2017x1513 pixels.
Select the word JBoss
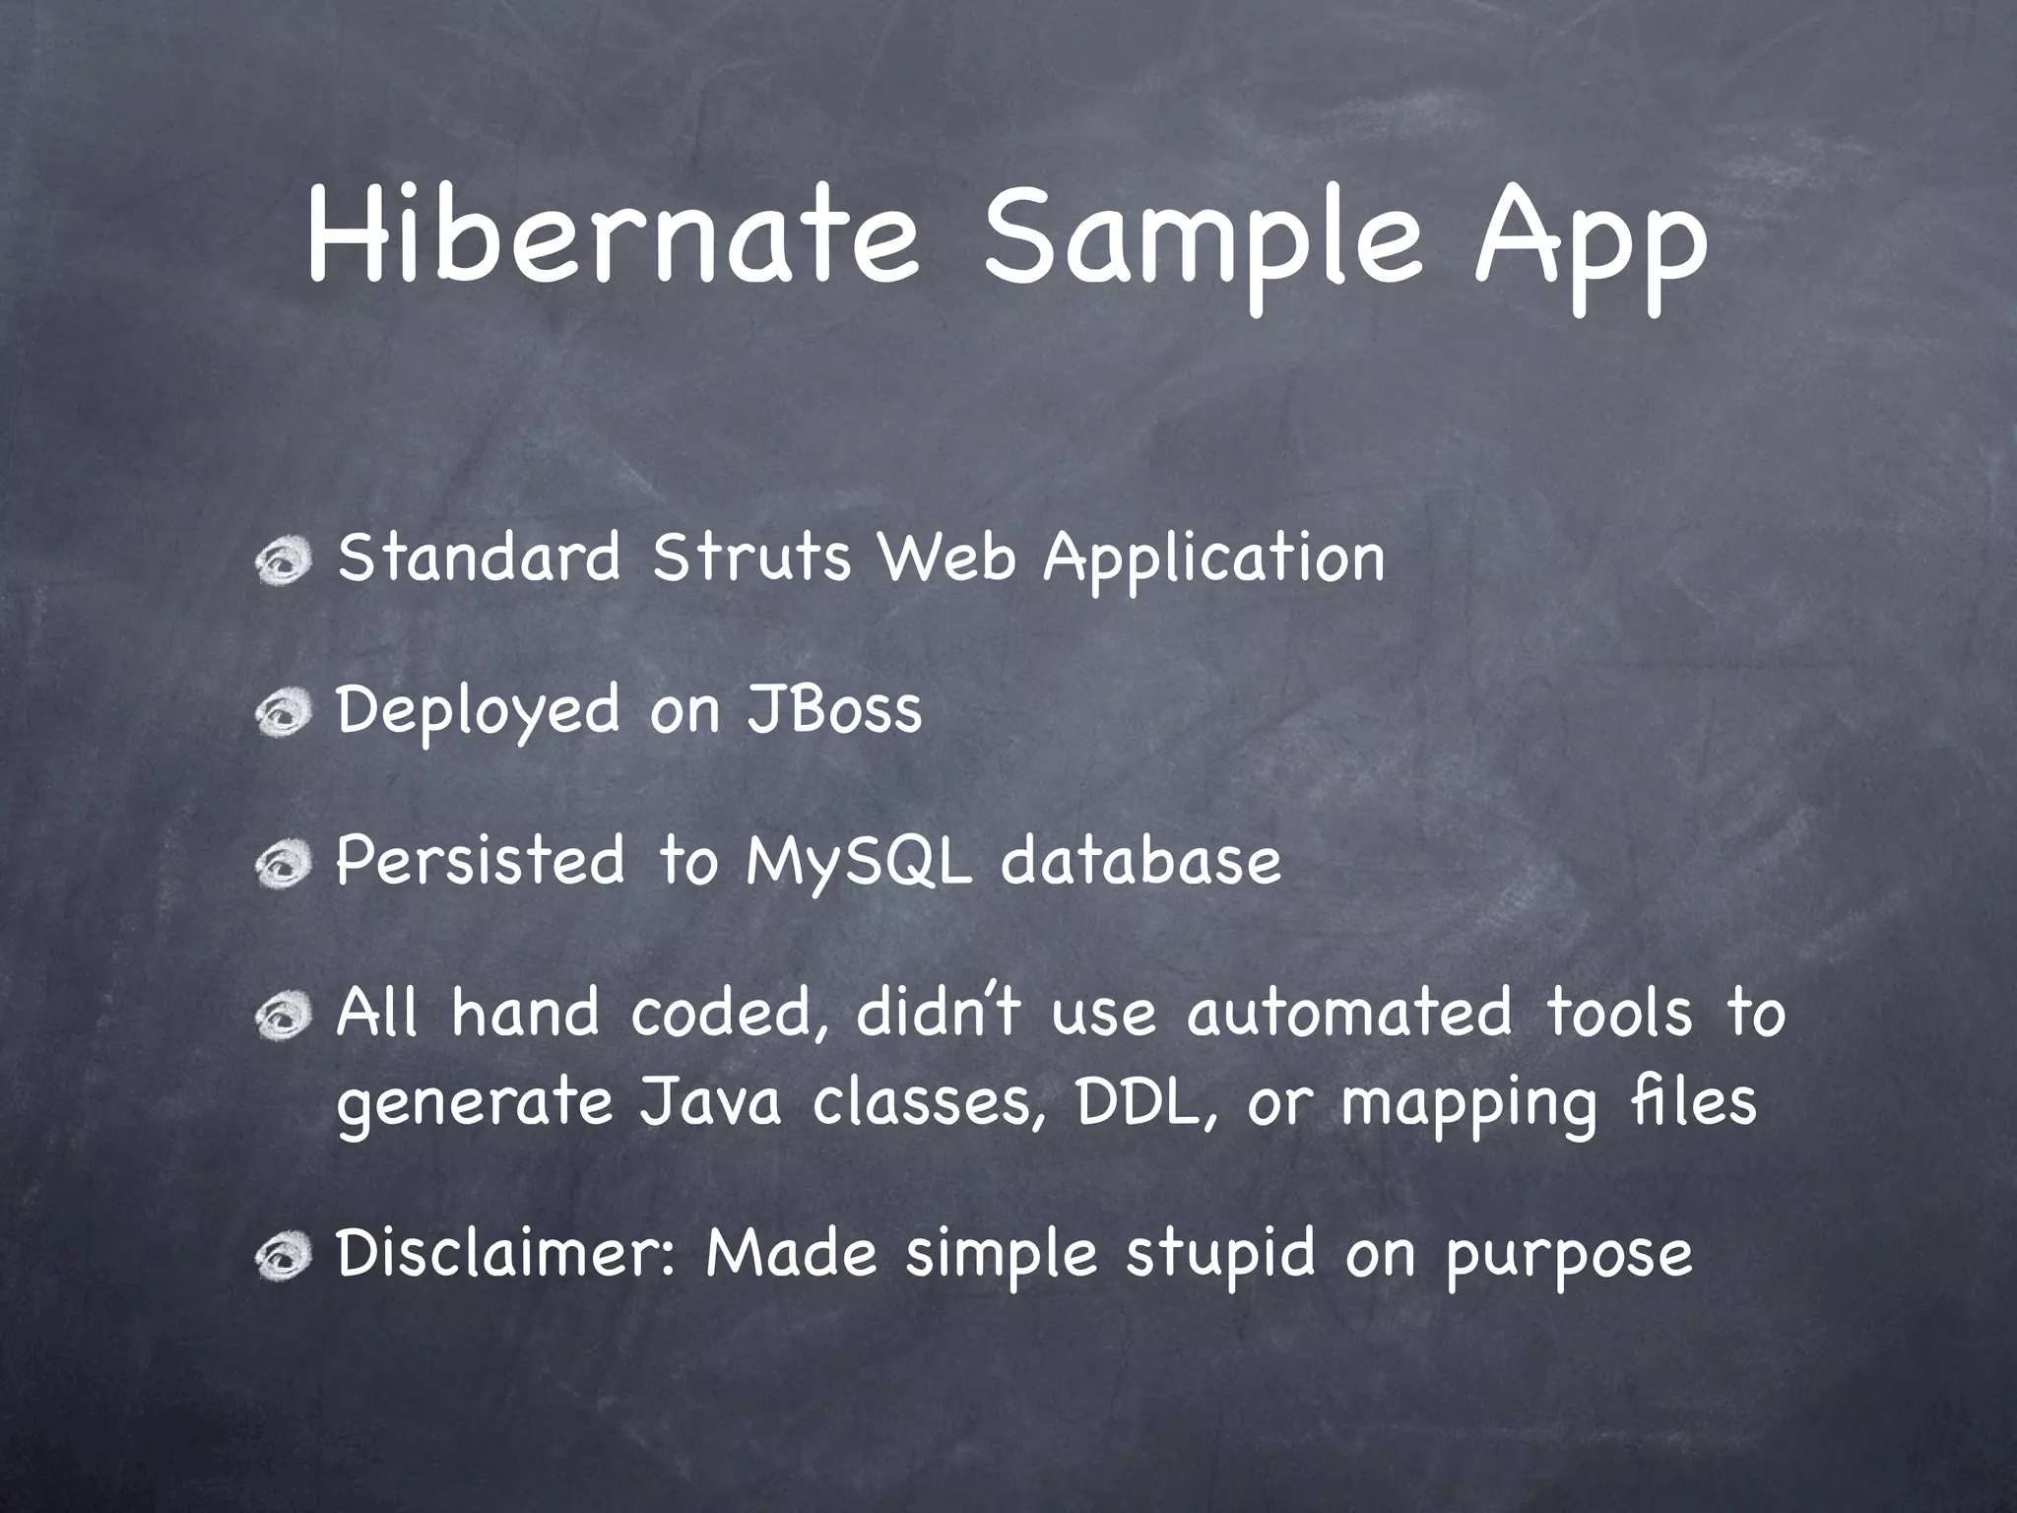click(834, 709)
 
